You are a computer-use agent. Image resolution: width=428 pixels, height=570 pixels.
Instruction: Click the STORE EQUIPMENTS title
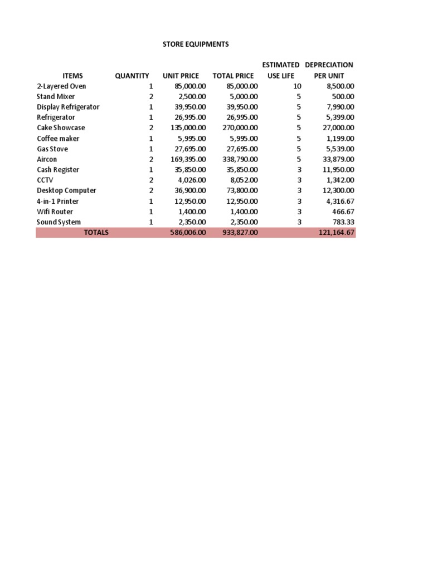pos(187,44)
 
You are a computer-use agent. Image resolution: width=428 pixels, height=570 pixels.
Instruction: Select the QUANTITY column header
pos(132,76)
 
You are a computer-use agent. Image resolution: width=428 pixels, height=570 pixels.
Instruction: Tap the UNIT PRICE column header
pos(181,76)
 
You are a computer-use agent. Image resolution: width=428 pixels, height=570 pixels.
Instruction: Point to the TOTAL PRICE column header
pos(233,76)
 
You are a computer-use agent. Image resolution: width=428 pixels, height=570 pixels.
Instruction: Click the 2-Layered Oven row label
pos(61,86)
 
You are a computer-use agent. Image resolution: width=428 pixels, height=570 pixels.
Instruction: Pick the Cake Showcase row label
pos(61,128)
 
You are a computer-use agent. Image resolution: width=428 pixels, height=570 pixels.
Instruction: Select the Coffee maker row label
pos(58,139)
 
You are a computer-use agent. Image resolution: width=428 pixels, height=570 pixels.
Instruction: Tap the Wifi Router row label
pos(55,212)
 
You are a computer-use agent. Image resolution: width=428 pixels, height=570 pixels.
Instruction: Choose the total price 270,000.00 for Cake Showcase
pos(236,128)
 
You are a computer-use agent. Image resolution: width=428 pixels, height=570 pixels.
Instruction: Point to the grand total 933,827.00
pos(236,233)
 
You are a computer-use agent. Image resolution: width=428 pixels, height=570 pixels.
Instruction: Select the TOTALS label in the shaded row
pos(96,233)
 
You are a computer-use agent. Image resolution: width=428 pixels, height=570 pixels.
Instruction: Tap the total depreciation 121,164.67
pos(333,233)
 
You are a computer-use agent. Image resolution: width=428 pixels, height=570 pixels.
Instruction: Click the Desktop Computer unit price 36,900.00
pos(187,190)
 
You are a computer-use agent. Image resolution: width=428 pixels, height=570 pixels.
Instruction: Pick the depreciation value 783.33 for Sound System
pos(342,222)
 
